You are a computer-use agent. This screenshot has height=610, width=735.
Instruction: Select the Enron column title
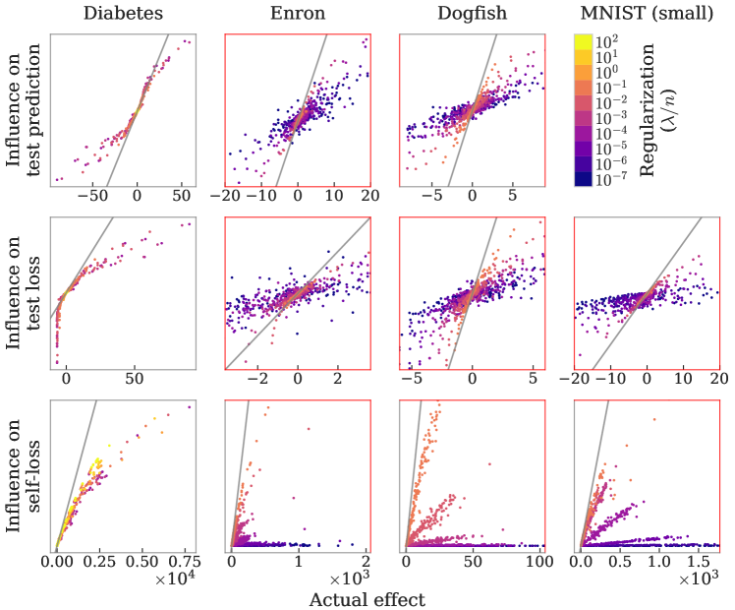tap(298, 14)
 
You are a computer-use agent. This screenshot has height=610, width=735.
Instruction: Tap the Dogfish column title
tap(472, 14)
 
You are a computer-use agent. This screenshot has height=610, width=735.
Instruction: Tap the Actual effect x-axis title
tap(367, 599)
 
